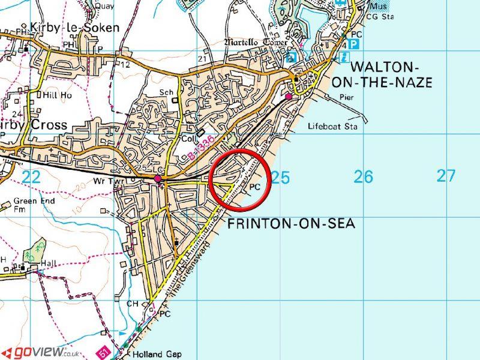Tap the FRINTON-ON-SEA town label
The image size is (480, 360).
point(291,224)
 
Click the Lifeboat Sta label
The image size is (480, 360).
point(332,127)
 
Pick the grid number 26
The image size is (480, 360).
point(363,177)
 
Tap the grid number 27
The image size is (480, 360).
point(446,176)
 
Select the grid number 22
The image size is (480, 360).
point(31,176)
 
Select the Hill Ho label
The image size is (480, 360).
point(56,95)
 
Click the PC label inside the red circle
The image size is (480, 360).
point(254,187)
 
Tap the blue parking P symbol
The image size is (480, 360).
point(355,44)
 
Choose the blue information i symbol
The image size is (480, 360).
point(344,58)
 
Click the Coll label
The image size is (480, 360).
point(191,136)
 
